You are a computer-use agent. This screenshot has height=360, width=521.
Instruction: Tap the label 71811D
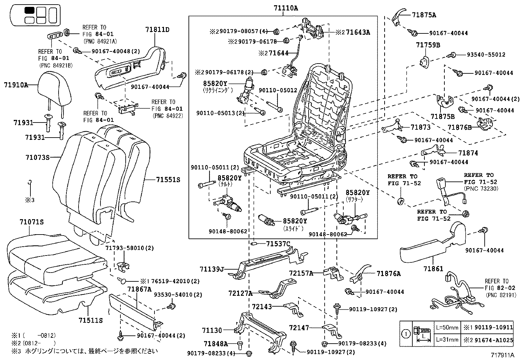(157, 30)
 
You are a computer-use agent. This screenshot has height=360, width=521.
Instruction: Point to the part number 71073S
(37, 158)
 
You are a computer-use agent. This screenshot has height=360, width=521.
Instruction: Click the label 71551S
(168, 180)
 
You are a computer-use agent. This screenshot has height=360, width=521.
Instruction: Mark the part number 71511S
(91, 320)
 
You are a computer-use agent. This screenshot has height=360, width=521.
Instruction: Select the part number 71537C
(278, 244)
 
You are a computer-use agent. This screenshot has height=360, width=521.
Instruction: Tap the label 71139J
(212, 269)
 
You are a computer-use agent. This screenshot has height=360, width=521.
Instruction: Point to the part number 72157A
(301, 273)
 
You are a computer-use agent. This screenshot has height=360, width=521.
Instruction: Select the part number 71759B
(428, 45)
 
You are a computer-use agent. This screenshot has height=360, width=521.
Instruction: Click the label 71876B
(459, 127)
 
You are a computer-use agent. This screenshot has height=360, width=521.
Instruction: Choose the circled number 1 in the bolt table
(406, 334)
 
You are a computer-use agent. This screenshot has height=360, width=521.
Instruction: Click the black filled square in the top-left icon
(29, 10)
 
